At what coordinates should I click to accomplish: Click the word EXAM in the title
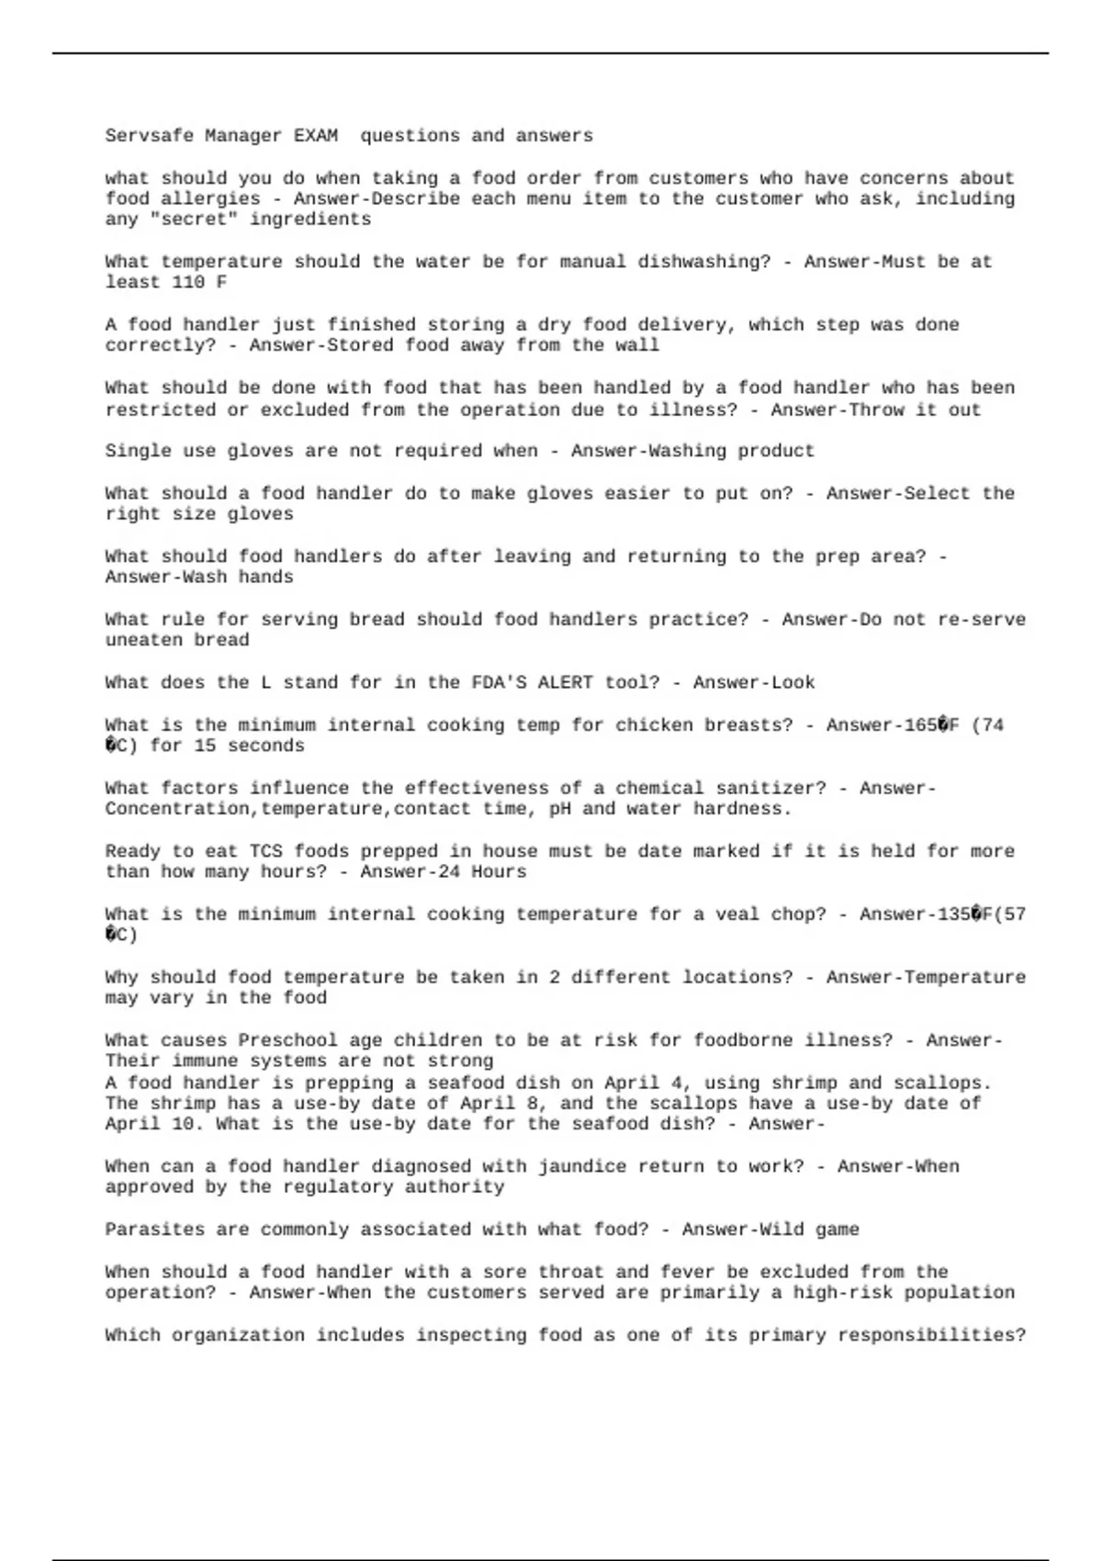[x=315, y=136]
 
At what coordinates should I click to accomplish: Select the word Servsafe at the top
[x=150, y=136]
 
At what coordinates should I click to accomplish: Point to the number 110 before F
[x=188, y=283]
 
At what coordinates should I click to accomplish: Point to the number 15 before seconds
[x=205, y=746]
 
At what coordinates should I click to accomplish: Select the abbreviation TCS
[x=265, y=851]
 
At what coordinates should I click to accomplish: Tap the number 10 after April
[x=172, y=1124]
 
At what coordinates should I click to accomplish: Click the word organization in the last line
[x=238, y=1335]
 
